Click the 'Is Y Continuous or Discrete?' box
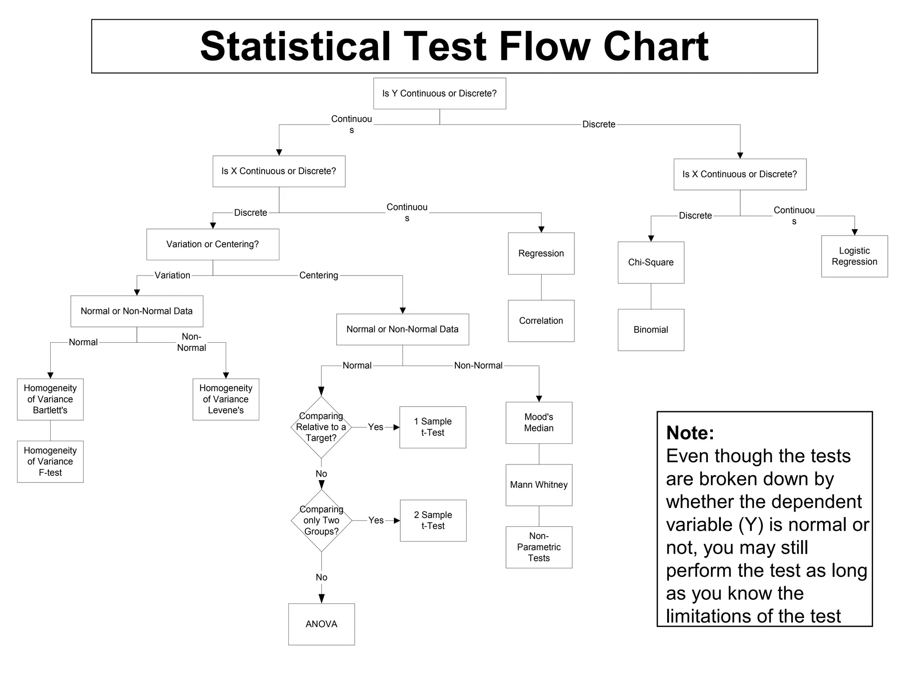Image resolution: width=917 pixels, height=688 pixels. tap(440, 94)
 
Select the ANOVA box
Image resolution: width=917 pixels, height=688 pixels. tap(321, 624)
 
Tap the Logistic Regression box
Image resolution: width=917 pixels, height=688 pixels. tap(854, 256)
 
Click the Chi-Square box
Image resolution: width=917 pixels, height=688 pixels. tap(651, 262)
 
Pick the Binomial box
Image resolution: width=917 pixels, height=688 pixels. tap(651, 330)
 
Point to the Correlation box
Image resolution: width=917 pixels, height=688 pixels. tap(541, 321)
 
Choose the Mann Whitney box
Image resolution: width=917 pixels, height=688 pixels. tap(539, 485)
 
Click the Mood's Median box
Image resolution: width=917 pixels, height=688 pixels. tap(539, 422)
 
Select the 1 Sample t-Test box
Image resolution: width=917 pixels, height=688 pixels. tap(433, 427)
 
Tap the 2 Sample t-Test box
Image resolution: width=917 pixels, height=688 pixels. tap(433, 520)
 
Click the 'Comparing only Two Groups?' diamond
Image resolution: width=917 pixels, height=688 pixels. tap(321, 520)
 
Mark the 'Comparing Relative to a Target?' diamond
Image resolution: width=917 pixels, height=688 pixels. tap(321, 427)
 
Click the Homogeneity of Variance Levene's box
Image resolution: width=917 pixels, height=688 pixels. tap(226, 399)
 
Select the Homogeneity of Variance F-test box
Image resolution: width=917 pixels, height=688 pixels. tap(50, 461)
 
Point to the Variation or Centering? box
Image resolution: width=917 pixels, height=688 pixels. tap(213, 244)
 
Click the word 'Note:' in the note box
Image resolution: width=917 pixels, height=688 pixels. tap(690, 433)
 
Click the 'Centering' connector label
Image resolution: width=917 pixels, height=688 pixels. tap(318, 275)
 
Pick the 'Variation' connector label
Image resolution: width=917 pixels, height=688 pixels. tap(172, 275)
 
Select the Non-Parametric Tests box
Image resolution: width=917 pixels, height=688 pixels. tap(539, 547)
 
